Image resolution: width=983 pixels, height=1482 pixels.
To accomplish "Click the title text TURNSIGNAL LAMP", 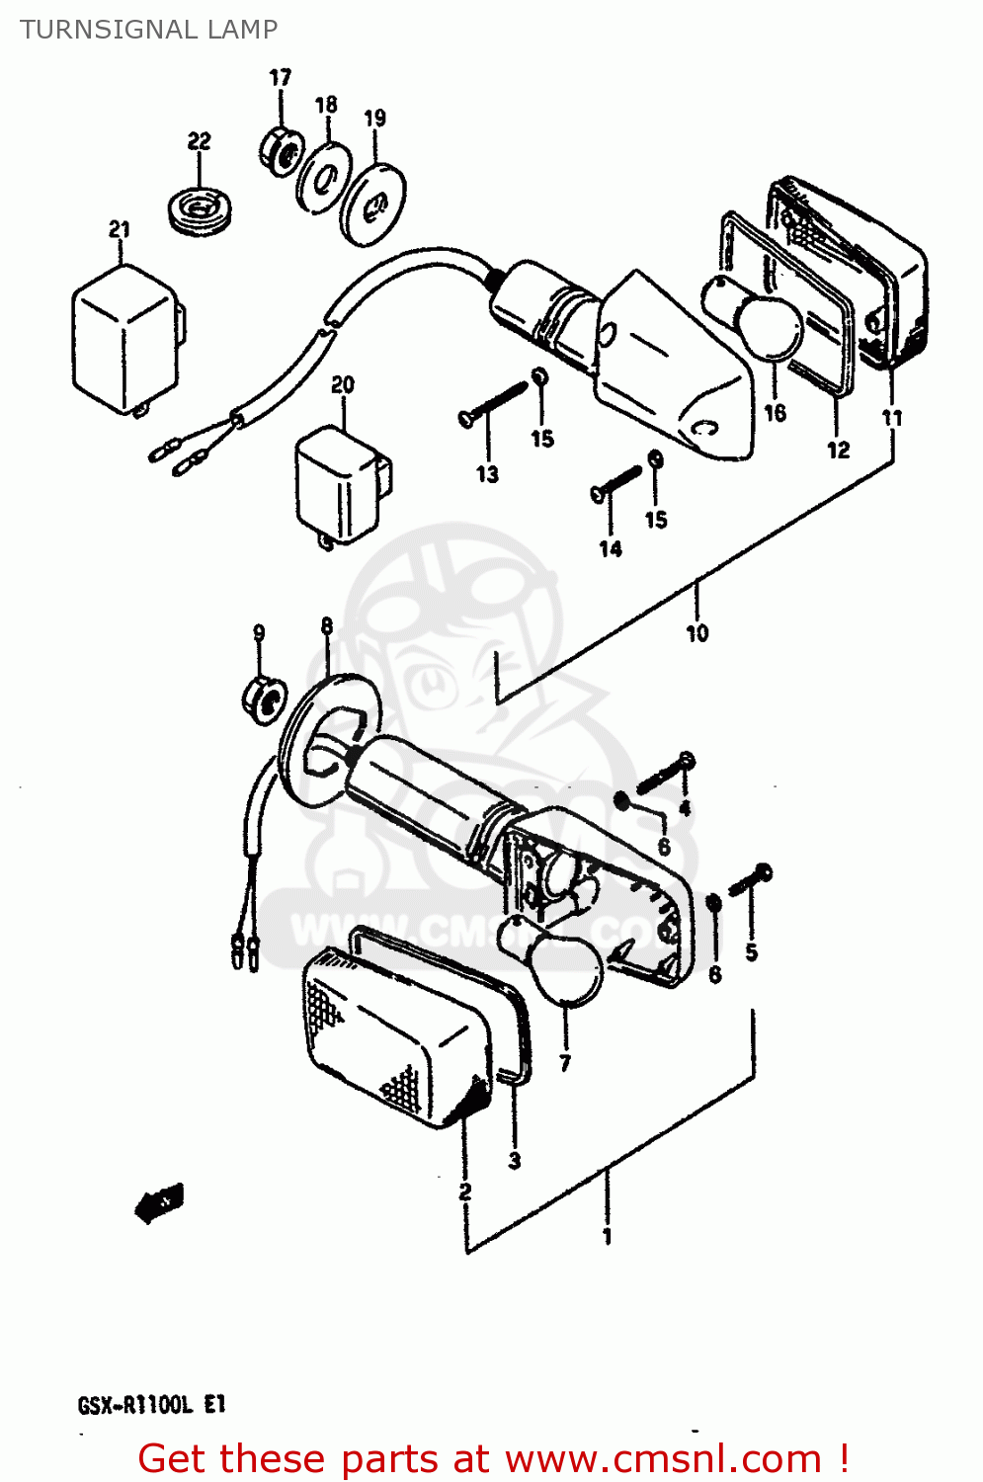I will tap(149, 30).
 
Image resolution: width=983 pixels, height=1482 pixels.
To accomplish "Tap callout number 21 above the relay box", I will tap(120, 229).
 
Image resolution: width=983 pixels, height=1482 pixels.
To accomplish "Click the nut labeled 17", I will tap(281, 151).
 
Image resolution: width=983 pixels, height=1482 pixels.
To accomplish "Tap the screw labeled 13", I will tap(494, 404).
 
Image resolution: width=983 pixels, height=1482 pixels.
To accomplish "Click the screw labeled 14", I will tap(616, 483).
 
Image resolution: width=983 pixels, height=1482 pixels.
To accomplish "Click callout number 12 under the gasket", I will tap(838, 451).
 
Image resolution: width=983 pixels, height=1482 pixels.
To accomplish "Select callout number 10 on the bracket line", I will tap(697, 633).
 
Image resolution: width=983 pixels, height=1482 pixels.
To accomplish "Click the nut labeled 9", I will tap(263, 697).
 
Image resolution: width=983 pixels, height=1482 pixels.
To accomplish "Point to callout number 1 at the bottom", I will tap(608, 1236).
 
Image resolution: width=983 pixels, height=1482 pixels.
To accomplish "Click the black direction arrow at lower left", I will tap(158, 1202).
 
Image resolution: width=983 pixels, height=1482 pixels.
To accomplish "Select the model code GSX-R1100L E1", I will tap(152, 1404).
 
